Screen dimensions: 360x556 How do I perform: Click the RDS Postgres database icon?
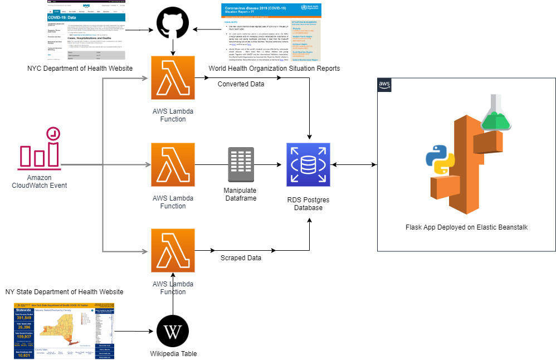pyautogui.click(x=309, y=164)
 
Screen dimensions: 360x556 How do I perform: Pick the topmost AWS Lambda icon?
pyautogui.click(x=173, y=78)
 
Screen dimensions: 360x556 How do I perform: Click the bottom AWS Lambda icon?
pyautogui.click(x=173, y=250)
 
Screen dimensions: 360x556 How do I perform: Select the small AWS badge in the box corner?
pyautogui.click(x=384, y=85)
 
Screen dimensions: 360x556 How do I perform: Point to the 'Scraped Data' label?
pyautogui.click(x=241, y=259)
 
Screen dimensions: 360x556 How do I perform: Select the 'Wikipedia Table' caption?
pyautogui.click(x=173, y=354)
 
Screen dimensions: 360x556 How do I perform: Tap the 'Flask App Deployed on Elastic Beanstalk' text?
pyautogui.click(x=467, y=227)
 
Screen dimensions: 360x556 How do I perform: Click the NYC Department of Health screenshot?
pyautogui.click(x=86, y=30)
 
